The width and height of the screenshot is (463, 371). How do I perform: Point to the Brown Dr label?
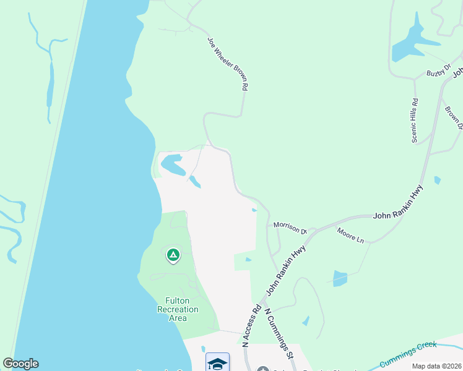pyautogui.click(x=454, y=118)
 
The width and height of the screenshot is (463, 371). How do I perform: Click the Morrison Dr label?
pyautogui.click(x=290, y=228)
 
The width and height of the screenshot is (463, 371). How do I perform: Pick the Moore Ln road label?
pyautogui.click(x=350, y=235)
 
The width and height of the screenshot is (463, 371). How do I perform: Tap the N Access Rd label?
pyautogui.click(x=251, y=324)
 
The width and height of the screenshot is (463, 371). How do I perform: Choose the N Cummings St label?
pyautogui.click(x=279, y=334)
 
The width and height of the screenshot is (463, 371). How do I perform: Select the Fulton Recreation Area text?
pyautogui.click(x=178, y=309)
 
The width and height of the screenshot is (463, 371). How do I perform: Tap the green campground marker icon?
pyautogui.click(x=173, y=254)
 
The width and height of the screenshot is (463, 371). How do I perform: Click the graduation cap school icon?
pyautogui.click(x=217, y=362)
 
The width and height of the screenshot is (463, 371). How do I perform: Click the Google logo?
pyautogui.click(x=20, y=364)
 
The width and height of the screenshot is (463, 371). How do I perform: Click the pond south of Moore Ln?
pyautogui.click(x=340, y=278)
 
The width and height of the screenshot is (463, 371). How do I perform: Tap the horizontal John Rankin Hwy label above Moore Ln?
pyautogui.click(x=398, y=215)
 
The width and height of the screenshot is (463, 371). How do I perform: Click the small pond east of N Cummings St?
pyautogui.click(x=306, y=321)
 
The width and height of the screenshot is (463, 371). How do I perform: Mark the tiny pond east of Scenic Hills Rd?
pyautogui.click(x=438, y=181)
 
